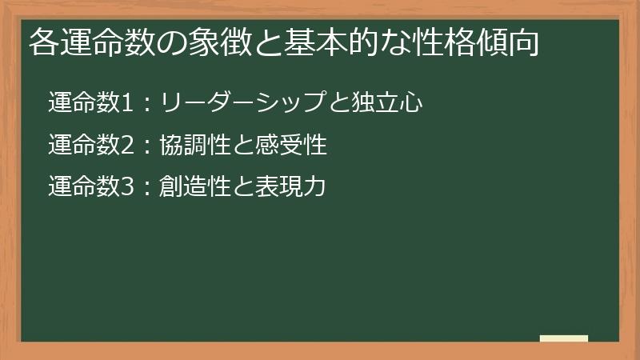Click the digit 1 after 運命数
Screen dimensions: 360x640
(x=125, y=103)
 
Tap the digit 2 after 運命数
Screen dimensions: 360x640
(x=125, y=146)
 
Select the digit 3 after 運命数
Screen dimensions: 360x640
(x=125, y=188)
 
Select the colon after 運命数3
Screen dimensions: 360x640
(x=145, y=189)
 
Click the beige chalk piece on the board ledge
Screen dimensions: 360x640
(x=564, y=338)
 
